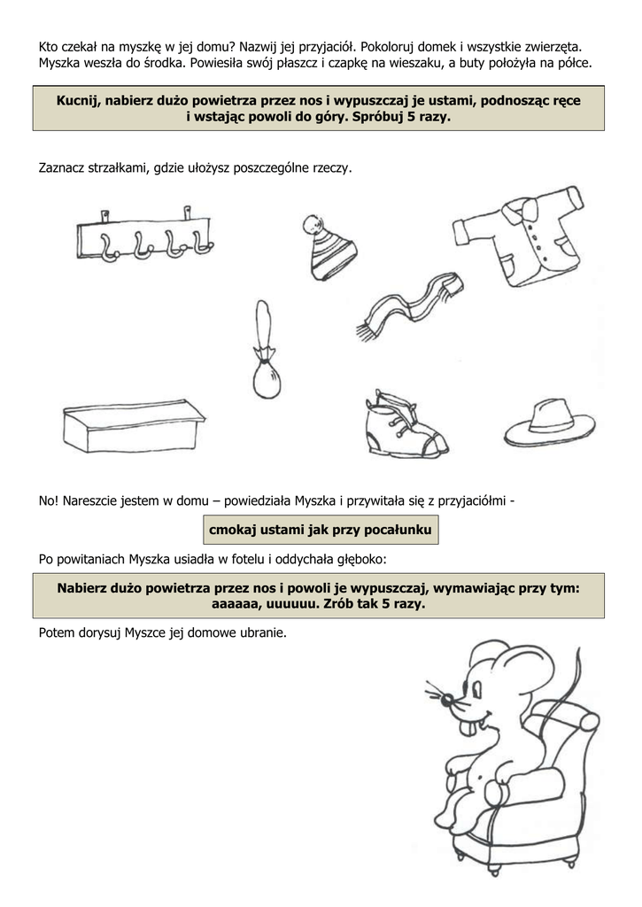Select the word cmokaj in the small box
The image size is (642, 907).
click(x=233, y=530)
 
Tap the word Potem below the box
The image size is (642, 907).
click(x=58, y=633)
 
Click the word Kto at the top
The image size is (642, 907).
click(x=50, y=45)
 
